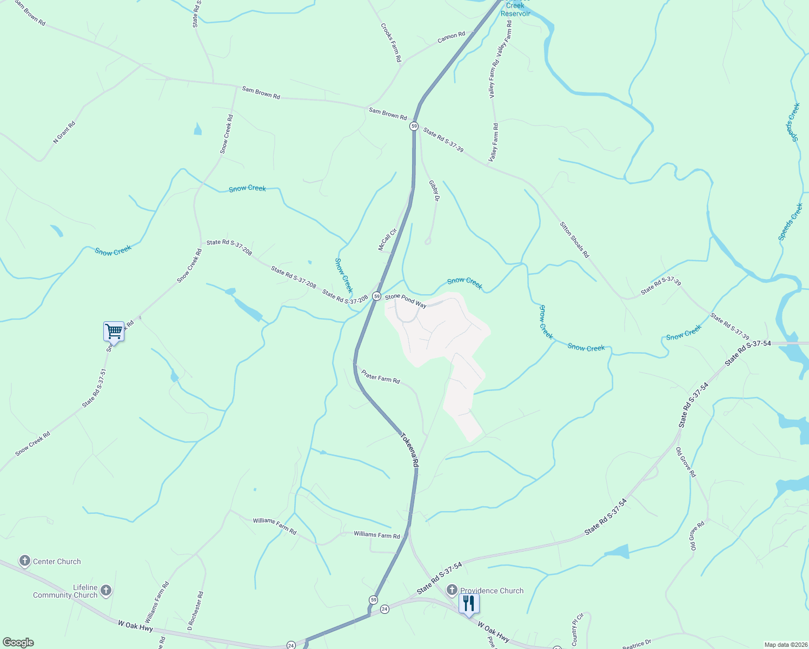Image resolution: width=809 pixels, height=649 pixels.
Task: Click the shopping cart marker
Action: coord(114,331)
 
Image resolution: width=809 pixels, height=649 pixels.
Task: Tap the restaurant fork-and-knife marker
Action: coord(468,603)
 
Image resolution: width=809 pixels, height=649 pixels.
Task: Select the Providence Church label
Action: coord(492,591)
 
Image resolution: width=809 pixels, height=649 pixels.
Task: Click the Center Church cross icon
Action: coord(25,561)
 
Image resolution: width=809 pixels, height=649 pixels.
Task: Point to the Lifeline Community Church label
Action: coord(65,591)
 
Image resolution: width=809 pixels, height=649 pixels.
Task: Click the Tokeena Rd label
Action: coord(409,449)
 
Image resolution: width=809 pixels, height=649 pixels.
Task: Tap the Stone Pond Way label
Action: coord(406,301)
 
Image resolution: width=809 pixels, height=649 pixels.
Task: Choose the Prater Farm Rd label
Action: coord(381,377)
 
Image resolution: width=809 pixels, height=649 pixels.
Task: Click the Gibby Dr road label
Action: coord(434,191)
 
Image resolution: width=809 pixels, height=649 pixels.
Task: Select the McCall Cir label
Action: coord(387,240)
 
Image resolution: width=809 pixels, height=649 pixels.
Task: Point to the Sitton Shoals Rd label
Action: coord(574,240)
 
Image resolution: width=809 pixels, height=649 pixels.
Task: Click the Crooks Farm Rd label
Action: coord(391,42)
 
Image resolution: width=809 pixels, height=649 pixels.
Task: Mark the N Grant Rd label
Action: coord(64,133)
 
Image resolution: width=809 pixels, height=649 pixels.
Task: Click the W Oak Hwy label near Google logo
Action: coord(135,626)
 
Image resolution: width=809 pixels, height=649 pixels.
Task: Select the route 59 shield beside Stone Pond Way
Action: coord(376,296)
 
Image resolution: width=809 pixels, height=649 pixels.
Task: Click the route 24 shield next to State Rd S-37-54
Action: coord(384,609)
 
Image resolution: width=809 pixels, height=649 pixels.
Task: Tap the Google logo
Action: coord(18,643)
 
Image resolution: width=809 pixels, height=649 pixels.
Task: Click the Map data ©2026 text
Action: coord(785,645)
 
